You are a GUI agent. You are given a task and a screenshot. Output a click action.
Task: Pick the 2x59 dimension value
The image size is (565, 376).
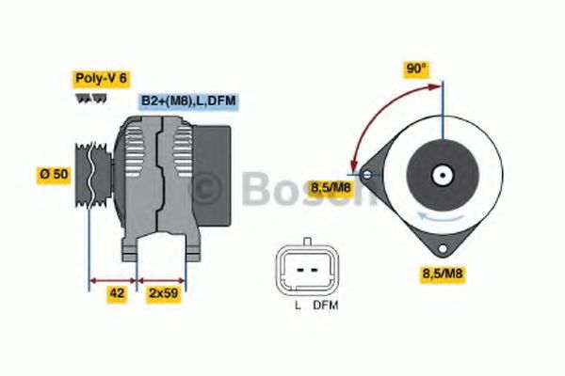[x=163, y=293]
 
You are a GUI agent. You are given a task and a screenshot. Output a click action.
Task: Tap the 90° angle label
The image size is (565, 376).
[x=415, y=69]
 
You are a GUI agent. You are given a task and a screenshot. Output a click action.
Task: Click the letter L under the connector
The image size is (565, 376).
[x=297, y=305]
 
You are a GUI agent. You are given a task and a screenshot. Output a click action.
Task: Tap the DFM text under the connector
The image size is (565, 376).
[x=326, y=305]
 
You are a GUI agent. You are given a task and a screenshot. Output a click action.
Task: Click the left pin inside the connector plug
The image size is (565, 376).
[x=299, y=269]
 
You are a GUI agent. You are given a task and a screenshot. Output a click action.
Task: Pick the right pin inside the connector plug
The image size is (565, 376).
[x=314, y=269]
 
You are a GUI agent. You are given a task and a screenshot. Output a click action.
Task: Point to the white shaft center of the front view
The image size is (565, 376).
[x=442, y=175]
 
